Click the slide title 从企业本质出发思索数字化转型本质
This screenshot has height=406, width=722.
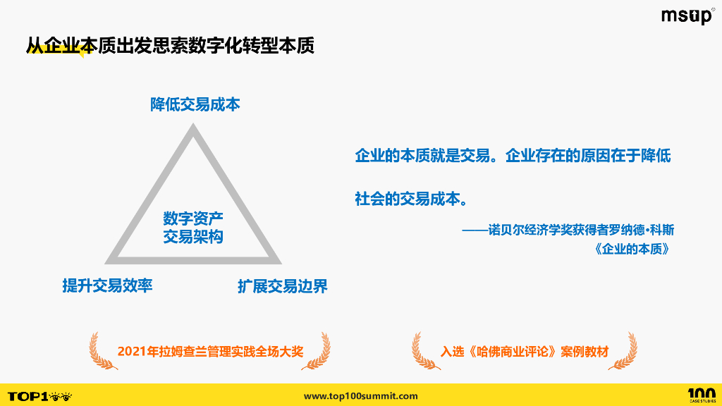tap(169, 46)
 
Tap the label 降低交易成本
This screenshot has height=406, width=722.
tap(195, 104)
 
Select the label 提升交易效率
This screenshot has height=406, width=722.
tap(107, 285)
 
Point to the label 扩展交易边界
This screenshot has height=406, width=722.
tap(282, 286)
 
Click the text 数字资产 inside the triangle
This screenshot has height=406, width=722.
tap(193, 219)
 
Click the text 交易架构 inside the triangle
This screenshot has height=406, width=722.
tap(193, 237)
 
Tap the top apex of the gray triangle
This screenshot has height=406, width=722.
tap(192, 128)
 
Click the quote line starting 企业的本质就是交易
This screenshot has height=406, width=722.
tap(513, 156)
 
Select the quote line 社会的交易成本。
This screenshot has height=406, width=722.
tap(410, 199)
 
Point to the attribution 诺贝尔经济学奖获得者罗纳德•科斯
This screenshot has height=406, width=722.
tap(573, 231)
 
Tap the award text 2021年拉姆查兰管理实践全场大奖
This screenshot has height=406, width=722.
tap(210, 351)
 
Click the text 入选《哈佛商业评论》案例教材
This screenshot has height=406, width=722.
tap(525, 351)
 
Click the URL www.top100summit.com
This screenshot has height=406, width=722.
tap(360, 396)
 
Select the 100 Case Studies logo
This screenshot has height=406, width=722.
tap(701, 395)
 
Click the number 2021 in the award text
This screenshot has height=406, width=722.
tap(132, 351)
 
